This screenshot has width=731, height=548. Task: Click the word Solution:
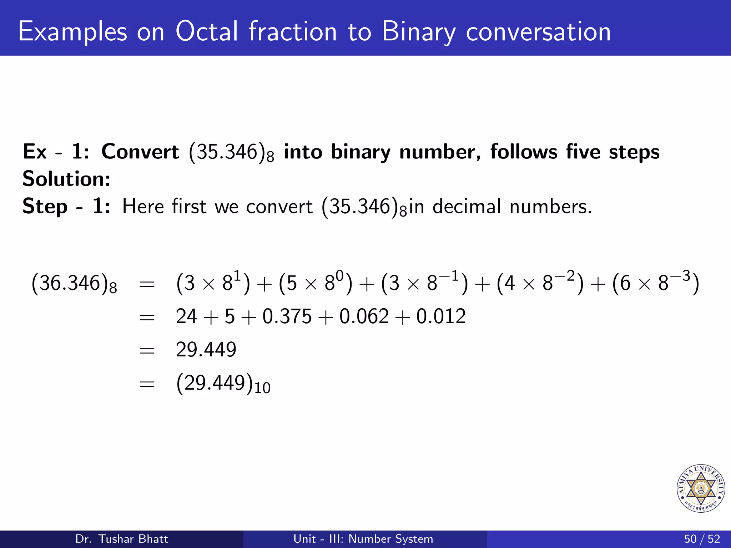pyautogui.click(x=66, y=179)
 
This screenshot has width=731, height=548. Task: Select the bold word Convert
pyautogui.click(x=140, y=152)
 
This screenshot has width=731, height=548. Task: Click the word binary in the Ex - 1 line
pyautogui.click(x=361, y=152)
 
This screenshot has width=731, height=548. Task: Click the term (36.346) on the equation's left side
pyautogui.click(x=74, y=284)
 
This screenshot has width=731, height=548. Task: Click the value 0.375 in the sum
pyautogui.click(x=287, y=316)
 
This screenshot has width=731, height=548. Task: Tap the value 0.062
pyautogui.click(x=364, y=316)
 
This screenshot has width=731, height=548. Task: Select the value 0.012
pyautogui.click(x=441, y=316)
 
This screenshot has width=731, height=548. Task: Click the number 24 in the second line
pyautogui.click(x=186, y=316)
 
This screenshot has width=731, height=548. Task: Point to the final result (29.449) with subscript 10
pyautogui.click(x=223, y=384)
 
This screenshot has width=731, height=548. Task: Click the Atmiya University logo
pyautogui.click(x=701, y=488)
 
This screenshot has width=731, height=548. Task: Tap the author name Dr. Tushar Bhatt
pyautogui.click(x=122, y=539)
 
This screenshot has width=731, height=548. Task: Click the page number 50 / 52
pyautogui.click(x=702, y=539)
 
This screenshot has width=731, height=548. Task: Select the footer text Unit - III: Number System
pyautogui.click(x=363, y=539)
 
